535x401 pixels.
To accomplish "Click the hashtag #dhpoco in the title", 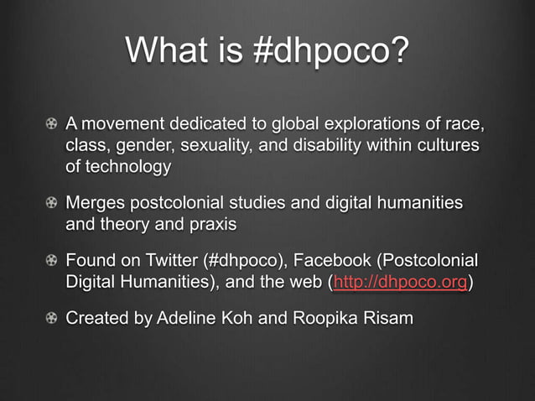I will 332,53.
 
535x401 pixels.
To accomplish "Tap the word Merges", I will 94,204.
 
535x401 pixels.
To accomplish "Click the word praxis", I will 212,224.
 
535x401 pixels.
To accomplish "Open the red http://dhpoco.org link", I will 400,282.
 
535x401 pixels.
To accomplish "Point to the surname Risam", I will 386,319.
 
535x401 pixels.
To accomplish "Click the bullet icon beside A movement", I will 52,127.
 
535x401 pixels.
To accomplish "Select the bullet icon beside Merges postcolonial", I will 52,204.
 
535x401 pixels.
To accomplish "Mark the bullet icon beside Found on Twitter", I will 52,262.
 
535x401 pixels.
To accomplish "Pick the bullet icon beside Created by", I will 52,319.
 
